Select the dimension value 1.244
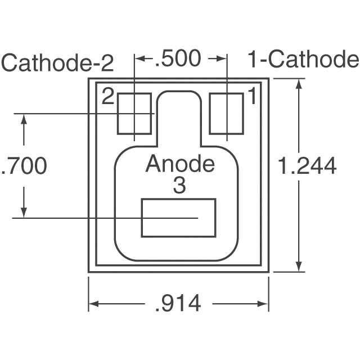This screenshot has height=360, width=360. click(308, 166)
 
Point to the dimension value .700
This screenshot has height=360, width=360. click(24, 166)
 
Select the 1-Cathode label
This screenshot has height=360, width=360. click(303, 60)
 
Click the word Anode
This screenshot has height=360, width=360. click(180, 164)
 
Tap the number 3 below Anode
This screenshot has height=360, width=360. click(179, 186)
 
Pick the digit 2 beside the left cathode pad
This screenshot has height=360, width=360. click(108, 97)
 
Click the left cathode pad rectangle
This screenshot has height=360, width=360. click(135, 114)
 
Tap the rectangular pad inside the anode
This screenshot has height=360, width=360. click(178, 218)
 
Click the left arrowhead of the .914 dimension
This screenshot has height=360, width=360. click(94, 304)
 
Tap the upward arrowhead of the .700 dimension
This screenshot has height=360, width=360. click(24, 119)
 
